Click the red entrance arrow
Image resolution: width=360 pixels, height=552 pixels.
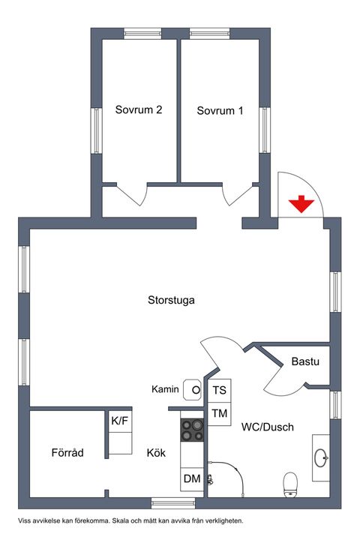click(x=301, y=204)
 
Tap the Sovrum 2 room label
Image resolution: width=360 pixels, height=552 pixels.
click(x=139, y=109)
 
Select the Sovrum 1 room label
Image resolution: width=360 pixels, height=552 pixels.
click(x=220, y=111)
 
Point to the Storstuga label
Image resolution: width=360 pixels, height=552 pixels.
click(x=171, y=300)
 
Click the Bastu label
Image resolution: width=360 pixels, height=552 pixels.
click(x=305, y=361)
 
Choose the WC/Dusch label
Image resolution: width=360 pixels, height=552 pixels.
click(x=268, y=427)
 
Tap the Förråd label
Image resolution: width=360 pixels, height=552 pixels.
click(x=67, y=452)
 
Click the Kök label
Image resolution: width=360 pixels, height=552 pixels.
click(x=156, y=453)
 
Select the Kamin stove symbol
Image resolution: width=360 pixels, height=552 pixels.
click(x=192, y=389)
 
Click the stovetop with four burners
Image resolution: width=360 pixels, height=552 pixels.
click(x=192, y=430)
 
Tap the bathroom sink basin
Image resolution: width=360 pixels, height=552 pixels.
click(x=322, y=457)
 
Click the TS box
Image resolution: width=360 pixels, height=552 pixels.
click(x=219, y=391)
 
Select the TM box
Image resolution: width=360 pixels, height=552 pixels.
click(x=219, y=414)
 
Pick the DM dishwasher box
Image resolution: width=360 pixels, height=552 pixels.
click(x=192, y=478)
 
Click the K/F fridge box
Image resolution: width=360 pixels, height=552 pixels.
click(x=120, y=421)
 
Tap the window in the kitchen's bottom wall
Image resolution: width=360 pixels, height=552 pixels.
click(x=173, y=503)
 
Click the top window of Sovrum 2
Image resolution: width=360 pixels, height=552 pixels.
click(x=142, y=34)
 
